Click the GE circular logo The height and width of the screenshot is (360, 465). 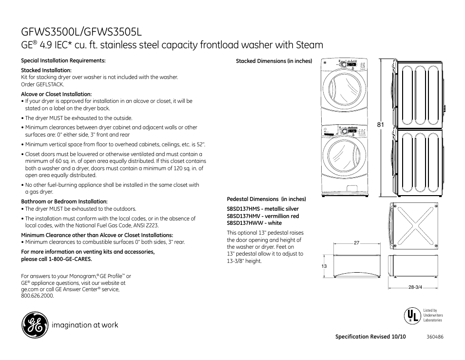tap(35, 325)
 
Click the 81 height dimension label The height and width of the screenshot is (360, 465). tap(381, 125)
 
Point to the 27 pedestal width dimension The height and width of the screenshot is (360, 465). tap(356, 242)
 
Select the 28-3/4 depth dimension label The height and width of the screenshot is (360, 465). tap(415, 287)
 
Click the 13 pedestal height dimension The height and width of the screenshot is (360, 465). tap(324, 266)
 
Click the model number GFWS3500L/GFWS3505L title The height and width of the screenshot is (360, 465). tap(81, 31)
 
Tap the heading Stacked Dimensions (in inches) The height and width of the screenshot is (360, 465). tap(273, 61)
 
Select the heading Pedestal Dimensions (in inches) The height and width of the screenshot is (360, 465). tap(266, 199)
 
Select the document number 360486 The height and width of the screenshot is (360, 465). tap(435, 337)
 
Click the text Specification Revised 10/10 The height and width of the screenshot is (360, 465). tap(370, 337)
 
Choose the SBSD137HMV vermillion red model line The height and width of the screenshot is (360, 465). tap(263, 216)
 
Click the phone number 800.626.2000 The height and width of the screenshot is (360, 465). tap(37, 296)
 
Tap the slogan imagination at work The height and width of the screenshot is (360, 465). tap(86, 325)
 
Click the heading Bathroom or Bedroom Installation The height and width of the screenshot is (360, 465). tap(64, 201)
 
